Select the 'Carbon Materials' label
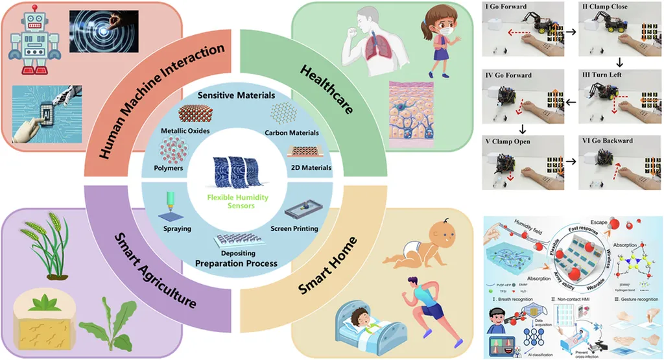(292, 133)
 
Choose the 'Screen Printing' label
(295, 229)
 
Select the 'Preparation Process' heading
(236, 263)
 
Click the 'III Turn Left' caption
(603, 75)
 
